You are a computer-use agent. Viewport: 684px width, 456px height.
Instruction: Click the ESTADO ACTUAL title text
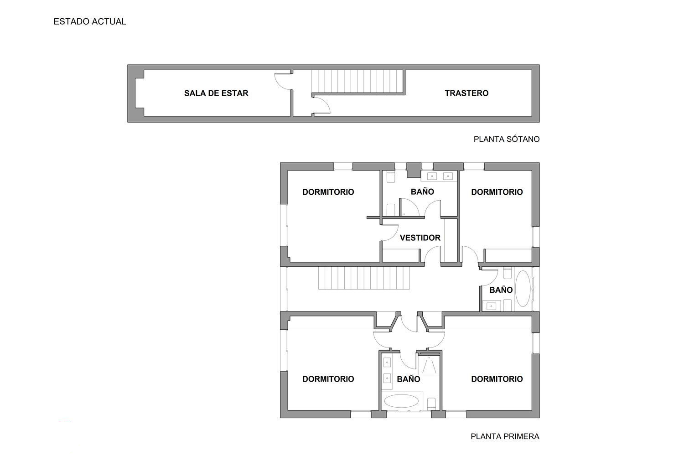[90, 21]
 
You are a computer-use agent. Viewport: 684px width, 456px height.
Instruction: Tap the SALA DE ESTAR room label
[216, 93]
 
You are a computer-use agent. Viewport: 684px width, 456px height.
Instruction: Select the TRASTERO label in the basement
[466, 93]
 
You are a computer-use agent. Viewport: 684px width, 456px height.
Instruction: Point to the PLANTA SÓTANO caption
[506, 139]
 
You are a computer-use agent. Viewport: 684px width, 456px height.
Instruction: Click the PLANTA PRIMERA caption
[505, 436]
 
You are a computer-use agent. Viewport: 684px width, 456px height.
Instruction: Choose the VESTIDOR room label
[420, 238]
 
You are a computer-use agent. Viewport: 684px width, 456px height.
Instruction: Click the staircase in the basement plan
[358, 82]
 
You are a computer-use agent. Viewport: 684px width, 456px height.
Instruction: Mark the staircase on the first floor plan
[364, 278]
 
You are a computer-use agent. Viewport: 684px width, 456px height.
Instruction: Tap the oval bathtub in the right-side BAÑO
[523, 289]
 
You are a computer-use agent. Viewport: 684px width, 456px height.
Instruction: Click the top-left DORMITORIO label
[328, 192]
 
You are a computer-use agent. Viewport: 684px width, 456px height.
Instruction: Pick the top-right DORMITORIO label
[497, 192]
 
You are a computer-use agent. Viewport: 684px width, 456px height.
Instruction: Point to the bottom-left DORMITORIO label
[328, 379]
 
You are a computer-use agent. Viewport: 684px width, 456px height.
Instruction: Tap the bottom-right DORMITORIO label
[497, 379]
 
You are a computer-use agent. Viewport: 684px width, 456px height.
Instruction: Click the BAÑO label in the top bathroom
[422, 192]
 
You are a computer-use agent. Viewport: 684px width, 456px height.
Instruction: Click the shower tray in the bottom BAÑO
[429, 366]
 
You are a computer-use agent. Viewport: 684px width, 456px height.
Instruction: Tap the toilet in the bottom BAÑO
[431, 403]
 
